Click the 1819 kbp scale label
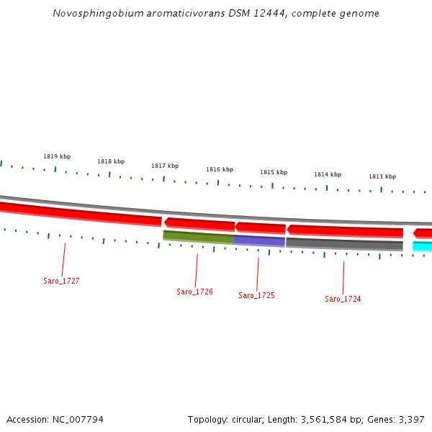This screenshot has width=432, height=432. click(57, 156)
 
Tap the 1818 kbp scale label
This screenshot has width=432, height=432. click(111, 162)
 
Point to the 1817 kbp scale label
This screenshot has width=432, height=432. click(165, 166)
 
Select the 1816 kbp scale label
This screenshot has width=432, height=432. click(220, 170)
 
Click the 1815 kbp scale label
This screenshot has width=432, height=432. click(274, 173)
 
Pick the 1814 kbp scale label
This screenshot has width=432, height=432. click(328, 175)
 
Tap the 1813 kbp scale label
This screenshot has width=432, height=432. click(382, 176)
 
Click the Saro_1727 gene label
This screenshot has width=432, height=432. click(61, 282)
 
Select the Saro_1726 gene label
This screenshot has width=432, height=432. click(194, 292)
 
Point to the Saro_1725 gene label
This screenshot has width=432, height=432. click(256, 296)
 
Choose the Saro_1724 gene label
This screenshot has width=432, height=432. click(343, 300)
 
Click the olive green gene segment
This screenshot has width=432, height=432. click(199, 236)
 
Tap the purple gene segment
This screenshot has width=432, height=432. click(260, 240)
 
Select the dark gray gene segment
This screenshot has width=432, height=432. click(344, 244)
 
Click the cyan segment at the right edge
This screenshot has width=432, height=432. click(423, 246)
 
